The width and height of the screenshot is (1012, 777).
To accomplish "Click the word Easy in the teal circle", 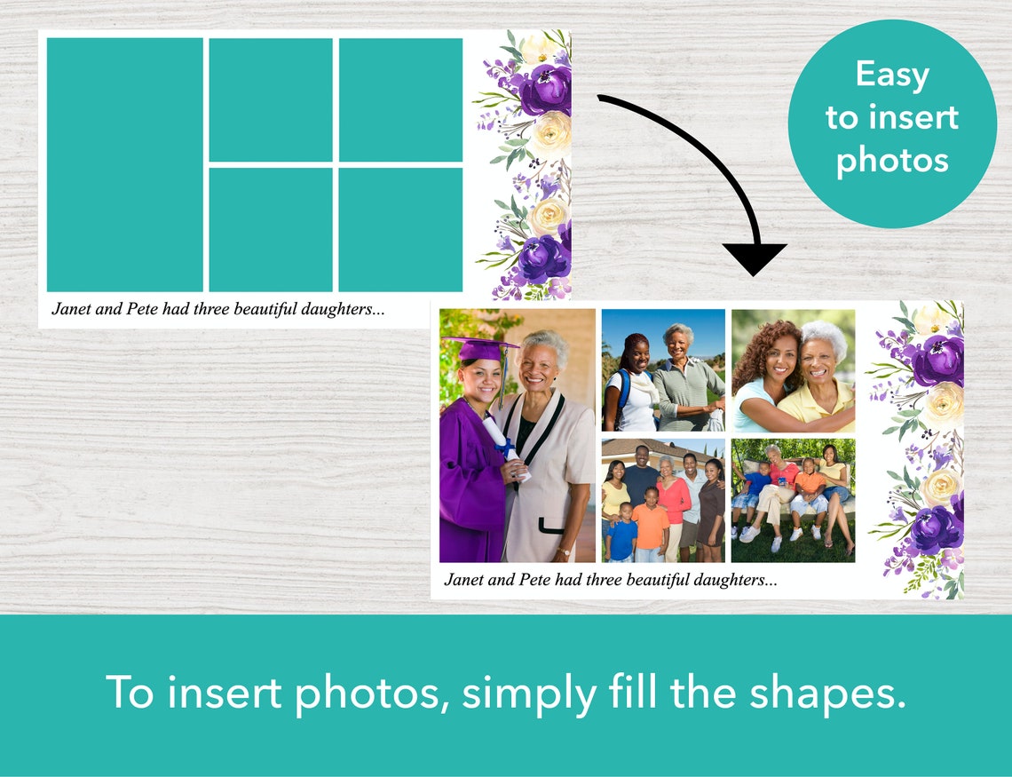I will coord(892,75).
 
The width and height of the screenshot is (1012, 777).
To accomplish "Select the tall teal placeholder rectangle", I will coord(124,164).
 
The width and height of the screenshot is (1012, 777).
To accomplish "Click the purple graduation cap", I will coord(480,348).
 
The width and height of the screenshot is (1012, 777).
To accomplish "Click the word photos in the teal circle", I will coord(892,160).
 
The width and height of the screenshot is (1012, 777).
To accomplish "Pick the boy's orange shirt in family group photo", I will coord(650,526).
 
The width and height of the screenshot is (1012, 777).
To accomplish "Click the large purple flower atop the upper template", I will coord(544,90).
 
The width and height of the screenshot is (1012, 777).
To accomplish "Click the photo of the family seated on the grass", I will coord(793,500).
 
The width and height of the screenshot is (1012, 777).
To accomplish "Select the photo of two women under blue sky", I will coord(663,369).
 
